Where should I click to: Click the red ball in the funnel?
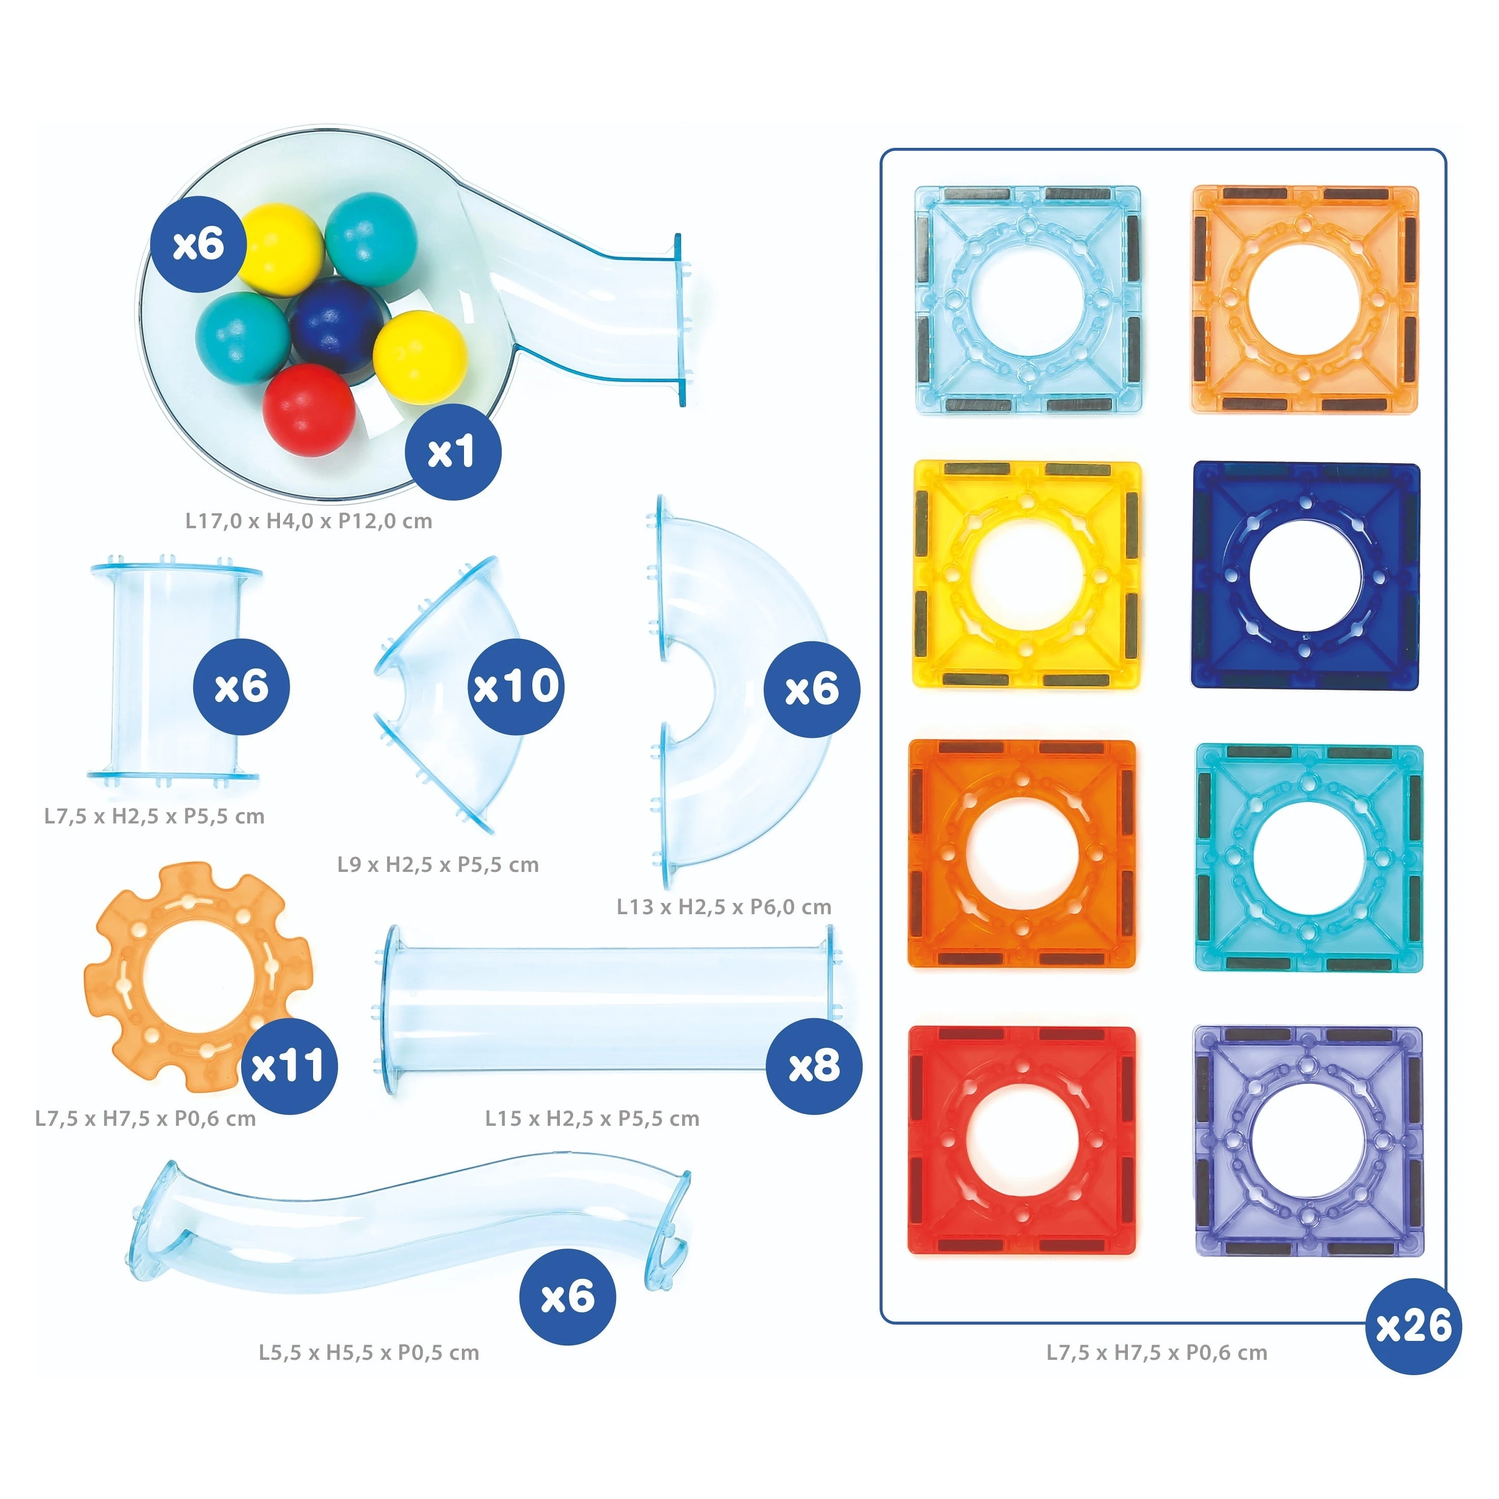(309, 409)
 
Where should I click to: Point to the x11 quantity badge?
(288, 1065)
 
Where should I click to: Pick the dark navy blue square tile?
(1306, 576)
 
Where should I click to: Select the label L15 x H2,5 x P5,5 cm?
(592, 1118)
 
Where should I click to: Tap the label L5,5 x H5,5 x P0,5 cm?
(369, 1353)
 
